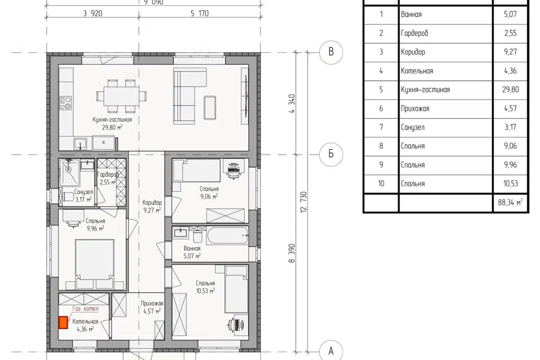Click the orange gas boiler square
[63, 323]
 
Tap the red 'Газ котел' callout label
[85, 309]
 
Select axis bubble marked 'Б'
[331, 154]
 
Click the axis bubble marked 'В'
[331, 52]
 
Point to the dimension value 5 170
[199, 13]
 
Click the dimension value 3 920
[93, 13]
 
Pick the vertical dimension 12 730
[303, 202]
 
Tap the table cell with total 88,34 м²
[510, 202]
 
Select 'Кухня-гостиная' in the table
[425, 89]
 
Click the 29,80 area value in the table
[510, 89]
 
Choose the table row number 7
[381, 127]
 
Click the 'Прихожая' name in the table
[415, 109]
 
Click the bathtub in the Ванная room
[228, 235]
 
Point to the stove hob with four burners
[66, 103]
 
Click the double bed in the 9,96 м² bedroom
[94, 264]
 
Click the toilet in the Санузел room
[67, 197]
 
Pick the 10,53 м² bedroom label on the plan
[206, 287]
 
